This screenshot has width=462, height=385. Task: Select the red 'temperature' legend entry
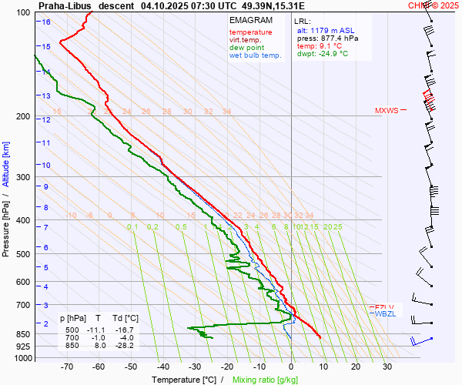click(250, 32)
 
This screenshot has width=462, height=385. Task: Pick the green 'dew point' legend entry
click(246, 48)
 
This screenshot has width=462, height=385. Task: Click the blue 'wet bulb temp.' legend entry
click(256, 55)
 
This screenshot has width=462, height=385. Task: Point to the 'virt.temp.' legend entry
click(245, 40)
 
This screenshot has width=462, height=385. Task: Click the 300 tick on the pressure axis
click(23, 177)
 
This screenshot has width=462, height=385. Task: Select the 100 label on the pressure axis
click(23, 13)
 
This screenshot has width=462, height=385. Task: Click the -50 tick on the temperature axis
click(130, 367)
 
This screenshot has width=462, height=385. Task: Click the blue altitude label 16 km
click(46, 22)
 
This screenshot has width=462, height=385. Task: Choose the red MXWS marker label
click(387, 110)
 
